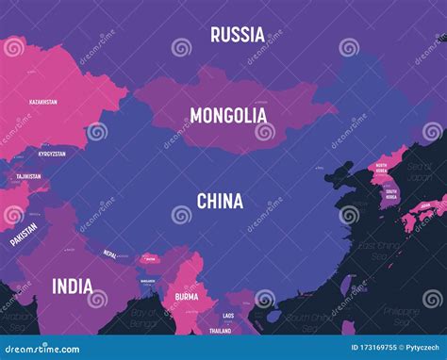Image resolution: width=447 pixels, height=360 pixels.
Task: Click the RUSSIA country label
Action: pyautogui.click(x=237, y=35)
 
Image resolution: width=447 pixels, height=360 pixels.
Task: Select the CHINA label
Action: pyautogui.click(x=220, y=201)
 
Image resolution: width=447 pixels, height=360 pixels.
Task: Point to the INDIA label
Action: pyautogui.click(x=73, y=286)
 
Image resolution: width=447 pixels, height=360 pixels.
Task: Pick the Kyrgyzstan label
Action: pyautogui.click(x=53, y=153)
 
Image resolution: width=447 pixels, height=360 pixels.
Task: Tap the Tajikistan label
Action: pyautogui.click(x=28, y=176)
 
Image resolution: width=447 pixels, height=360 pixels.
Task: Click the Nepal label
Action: pyautogui.click(x=110, y=254)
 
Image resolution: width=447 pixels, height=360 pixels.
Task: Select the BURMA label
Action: pyautogui.click(x=185, y=297)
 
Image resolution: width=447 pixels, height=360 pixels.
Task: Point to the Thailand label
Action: pyautogui.click(x=220, y=331)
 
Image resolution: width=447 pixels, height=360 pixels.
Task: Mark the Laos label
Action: pyautogui.click(x=228, y=316)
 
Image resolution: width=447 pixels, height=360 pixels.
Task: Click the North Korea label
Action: pyautogui.click(x=381, y=168)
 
